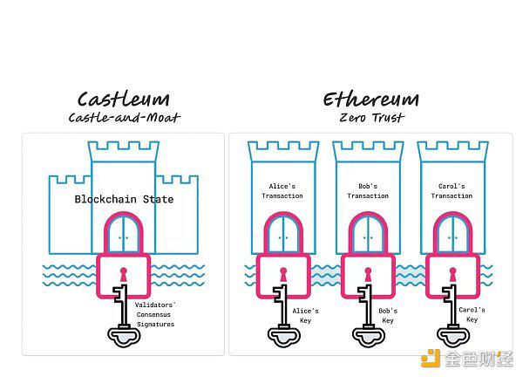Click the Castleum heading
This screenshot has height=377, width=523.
124,99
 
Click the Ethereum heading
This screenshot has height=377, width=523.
371,99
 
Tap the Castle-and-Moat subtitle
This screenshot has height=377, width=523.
124,118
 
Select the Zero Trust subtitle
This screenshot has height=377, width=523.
371,118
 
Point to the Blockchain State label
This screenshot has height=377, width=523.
124,199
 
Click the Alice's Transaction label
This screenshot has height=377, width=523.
282,191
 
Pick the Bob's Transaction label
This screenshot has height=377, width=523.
368,191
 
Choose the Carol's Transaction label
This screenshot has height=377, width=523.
452,191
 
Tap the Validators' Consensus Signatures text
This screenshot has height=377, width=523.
155,314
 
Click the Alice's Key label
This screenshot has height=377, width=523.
306,316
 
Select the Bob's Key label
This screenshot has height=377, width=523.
388,316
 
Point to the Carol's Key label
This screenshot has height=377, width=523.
472,314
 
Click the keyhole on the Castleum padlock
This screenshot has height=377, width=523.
124,275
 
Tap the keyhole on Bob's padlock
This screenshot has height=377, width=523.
368,275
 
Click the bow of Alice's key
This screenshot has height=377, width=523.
284,337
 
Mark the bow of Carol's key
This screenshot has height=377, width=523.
453,337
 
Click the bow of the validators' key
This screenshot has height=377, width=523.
124,337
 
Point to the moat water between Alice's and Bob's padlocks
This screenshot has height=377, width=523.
326,276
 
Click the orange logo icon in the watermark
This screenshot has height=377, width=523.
431,359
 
